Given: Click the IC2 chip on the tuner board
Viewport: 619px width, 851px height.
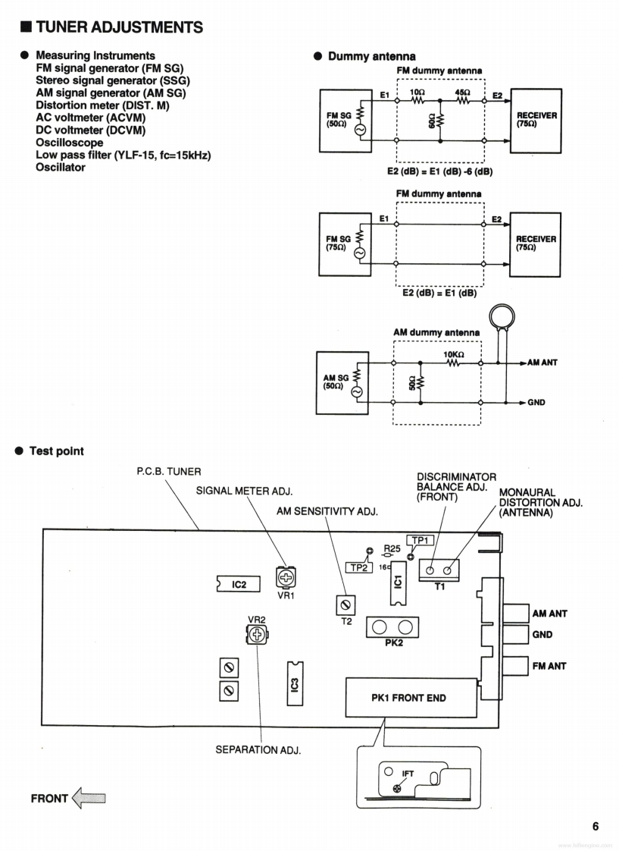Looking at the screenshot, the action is [x=239, y=584].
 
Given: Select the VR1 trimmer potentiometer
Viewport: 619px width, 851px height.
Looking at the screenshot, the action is [x=286, y=576].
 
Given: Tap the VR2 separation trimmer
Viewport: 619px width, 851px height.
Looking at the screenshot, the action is [x=258, y=634].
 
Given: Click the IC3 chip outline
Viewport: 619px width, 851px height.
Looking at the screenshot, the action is [x=295, y=684].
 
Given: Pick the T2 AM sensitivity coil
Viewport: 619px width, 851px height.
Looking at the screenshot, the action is [x=346, y=604].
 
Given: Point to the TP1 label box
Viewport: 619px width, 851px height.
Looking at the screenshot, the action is [x=420, y=541].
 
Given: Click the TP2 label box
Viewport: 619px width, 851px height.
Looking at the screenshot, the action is [x=359, y=567].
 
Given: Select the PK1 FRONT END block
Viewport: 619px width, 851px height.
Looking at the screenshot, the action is [x=408, y=697].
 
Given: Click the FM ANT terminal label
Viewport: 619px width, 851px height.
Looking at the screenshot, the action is [x=549, y=666].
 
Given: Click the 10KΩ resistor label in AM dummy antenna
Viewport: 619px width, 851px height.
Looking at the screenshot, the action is [x=454, y=354].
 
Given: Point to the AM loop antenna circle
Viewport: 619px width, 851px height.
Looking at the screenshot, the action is [x=502, y=316].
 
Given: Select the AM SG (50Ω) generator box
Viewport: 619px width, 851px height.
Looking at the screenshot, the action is [x=342, y=382].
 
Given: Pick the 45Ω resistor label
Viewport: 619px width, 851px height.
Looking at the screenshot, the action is [x=462, y=93].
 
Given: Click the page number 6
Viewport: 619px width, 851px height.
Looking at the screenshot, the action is [x=596, y=827].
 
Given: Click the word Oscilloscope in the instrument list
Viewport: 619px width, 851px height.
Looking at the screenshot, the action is [x=70, y=143].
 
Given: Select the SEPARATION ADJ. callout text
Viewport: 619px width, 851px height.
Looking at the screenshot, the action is [x=258, y=750].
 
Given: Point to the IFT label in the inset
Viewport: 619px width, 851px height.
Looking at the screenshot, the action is [x=408, y=774].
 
